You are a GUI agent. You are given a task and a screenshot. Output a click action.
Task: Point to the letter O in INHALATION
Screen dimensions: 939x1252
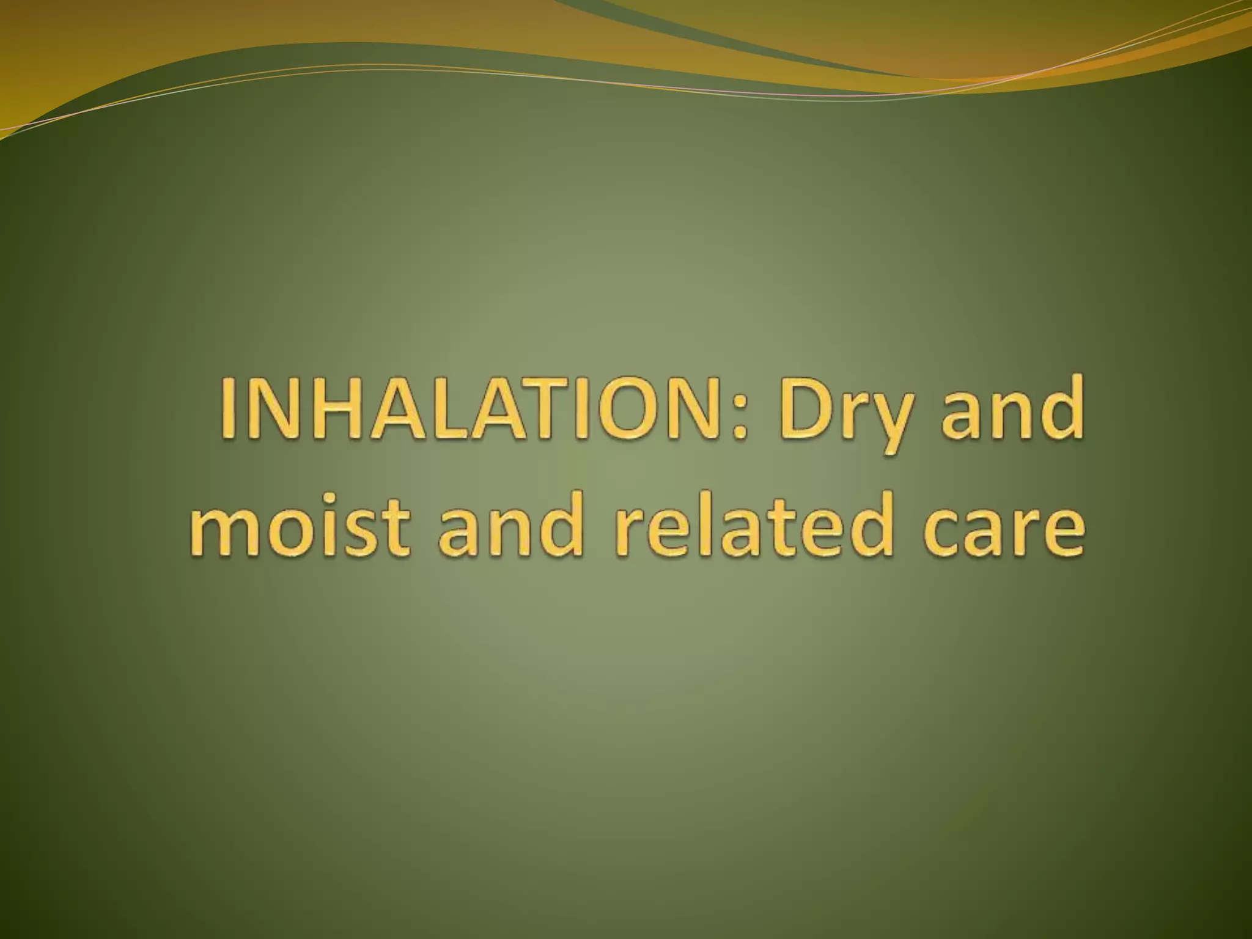(x=617, y=408)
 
